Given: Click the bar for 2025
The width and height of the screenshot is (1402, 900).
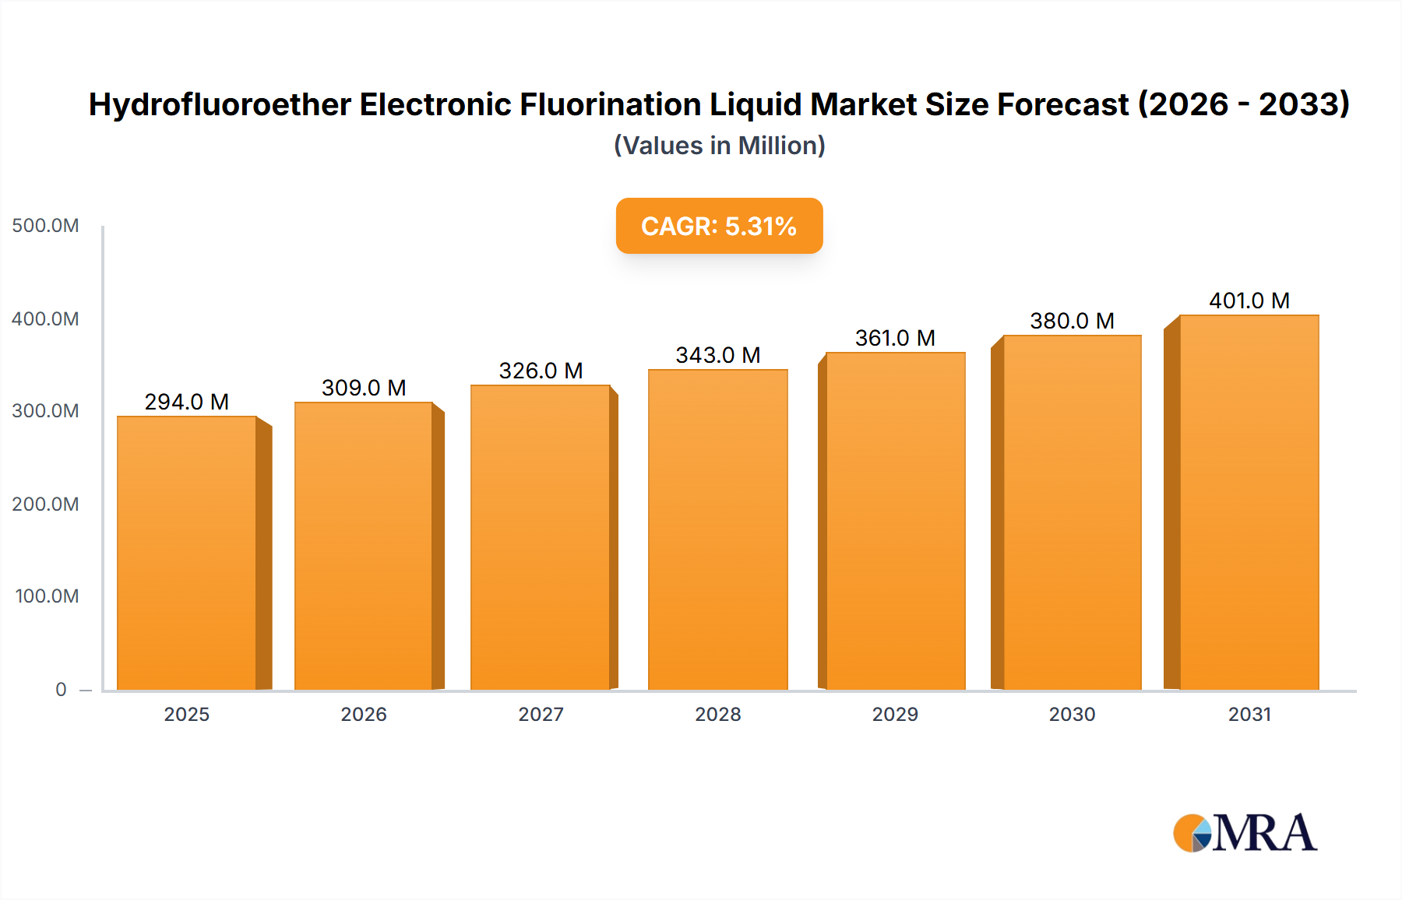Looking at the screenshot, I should click(187, 553).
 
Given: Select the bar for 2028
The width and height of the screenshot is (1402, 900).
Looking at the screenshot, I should click(717, 529).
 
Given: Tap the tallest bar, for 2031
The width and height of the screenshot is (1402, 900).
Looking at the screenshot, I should click(1249, 502).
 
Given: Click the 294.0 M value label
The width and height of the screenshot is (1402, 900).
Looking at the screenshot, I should click(186, 402).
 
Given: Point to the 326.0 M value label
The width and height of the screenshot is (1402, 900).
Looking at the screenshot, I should click(541, 371).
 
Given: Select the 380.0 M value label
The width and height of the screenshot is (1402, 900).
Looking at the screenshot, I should click(1072, 321).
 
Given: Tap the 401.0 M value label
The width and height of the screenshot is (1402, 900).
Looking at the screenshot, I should click(1249, 301).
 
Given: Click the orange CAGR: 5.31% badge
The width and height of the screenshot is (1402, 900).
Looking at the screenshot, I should click(719, 226).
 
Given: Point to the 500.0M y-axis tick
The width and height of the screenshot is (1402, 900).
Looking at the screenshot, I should click(45, 226).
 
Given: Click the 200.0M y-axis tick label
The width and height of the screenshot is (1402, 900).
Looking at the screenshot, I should click(45, 504).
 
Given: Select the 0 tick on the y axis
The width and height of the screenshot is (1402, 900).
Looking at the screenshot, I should click(61, 690).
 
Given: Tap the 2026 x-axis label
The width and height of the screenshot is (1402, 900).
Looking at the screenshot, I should click(363, 715).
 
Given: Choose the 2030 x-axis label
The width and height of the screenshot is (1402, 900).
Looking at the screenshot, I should click(1072, 715).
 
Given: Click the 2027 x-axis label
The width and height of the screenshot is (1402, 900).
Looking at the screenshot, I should click(541, 715).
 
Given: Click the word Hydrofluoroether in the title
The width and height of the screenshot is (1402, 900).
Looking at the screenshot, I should click(220, 104).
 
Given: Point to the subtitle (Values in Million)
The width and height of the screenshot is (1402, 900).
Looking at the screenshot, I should click(719, 146).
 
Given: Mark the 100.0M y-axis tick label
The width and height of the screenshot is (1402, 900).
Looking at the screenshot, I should click(47, 596).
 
